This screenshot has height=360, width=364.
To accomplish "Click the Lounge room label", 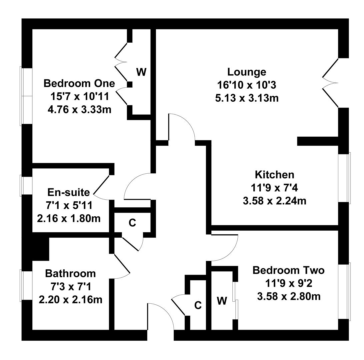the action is (247, 72).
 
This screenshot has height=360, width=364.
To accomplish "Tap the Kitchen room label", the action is (275, 175).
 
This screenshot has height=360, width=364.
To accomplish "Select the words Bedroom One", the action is (79, 83).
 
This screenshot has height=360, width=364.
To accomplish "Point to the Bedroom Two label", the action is (289, 270).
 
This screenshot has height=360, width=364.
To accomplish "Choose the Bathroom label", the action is (70, 274).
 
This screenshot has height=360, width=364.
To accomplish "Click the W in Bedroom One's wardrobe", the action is (141, 72).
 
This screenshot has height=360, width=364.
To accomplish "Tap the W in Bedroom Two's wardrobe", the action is (222, 301).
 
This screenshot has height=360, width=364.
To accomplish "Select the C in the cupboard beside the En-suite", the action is (132, 223).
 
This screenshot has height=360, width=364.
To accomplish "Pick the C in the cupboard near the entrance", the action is (198, 305).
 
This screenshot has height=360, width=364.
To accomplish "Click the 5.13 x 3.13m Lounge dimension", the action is (247, 98).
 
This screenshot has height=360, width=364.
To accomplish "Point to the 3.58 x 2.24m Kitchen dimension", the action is (275, 201).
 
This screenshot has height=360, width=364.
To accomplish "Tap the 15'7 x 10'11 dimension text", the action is (79, 96).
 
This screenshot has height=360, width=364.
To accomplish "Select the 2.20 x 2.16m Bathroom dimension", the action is (70, 300).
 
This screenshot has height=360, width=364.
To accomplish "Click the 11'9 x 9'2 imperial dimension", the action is (289, 283).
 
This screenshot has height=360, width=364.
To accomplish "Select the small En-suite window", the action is (26, 185).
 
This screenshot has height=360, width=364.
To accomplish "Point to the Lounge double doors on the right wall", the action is (330, 83).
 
